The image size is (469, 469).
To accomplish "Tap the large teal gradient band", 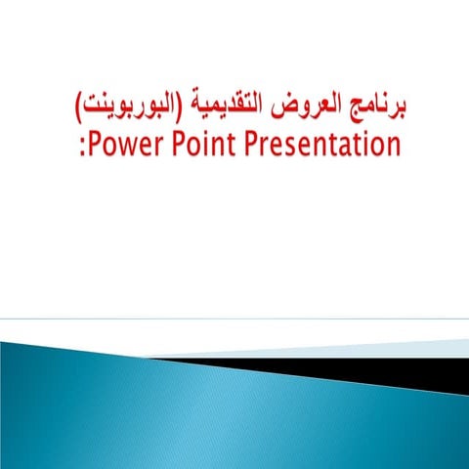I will [147, 410].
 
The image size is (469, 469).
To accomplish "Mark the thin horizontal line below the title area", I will [234, 319].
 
